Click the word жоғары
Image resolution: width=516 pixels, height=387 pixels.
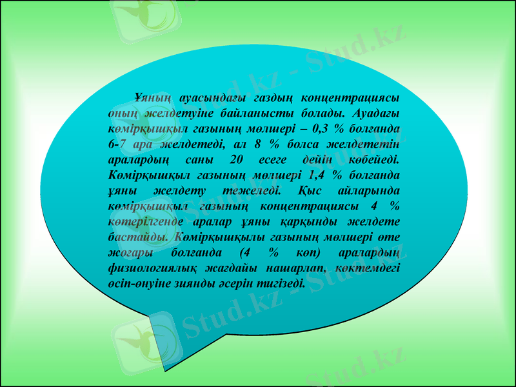(x=128, y=252)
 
